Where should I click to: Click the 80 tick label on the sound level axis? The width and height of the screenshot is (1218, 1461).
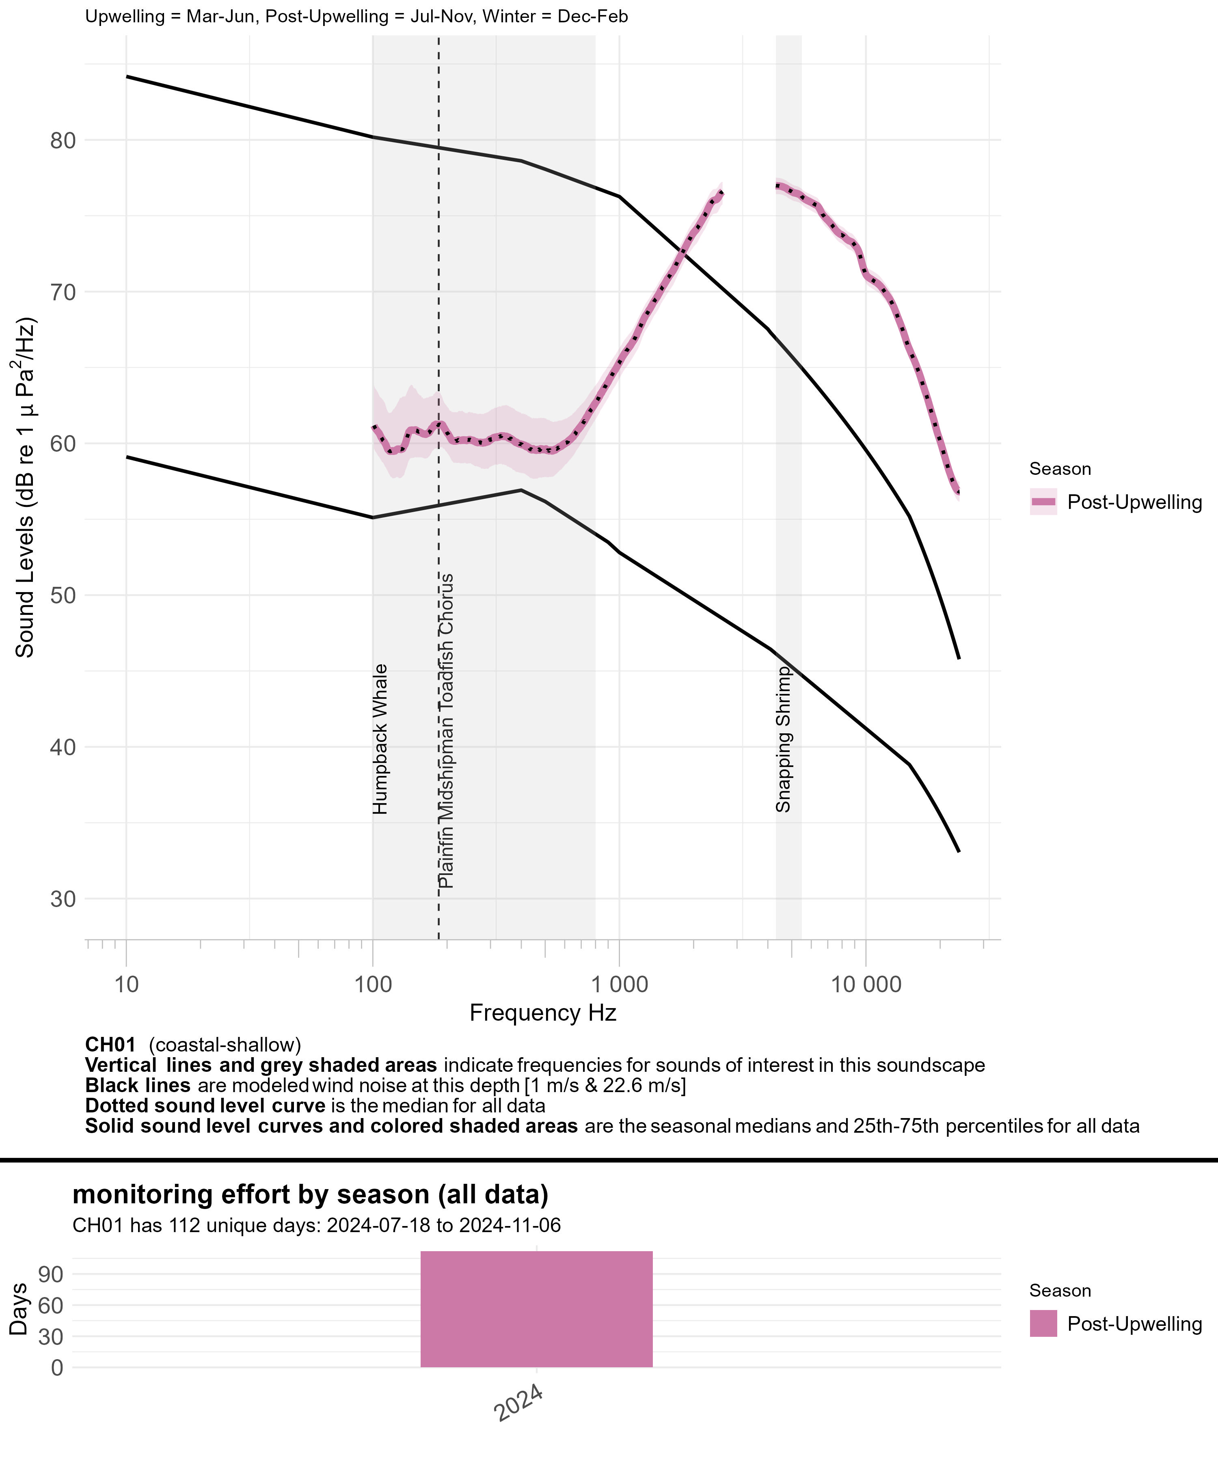pyautogui.click(x=62, y=140)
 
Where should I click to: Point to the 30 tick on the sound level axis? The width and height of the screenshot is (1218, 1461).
pyautogui.click(x=62, y=899)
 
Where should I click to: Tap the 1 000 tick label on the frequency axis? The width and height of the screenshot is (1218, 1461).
pyautogui.click(x=619, y=985)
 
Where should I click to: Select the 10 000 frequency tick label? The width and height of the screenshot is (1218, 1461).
pyautogui.click(x=865, y=985)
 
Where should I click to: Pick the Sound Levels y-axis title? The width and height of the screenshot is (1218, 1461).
pyautogui.click(x=25, y=487)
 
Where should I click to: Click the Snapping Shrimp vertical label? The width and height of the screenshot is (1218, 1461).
pyautogui.click(x=784, y=739)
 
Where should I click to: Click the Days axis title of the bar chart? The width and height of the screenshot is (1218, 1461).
pyautogui.click(x=19, y=1309)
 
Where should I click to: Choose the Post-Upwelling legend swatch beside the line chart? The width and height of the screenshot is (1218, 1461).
pyautogui.click(x=1043, y=502)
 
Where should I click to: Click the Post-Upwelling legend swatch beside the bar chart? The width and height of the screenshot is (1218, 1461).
pyautogui.click(x=1043, y=1323)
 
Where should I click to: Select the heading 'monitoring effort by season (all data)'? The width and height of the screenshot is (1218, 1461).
pyautogui.click(x=311, y=1194)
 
